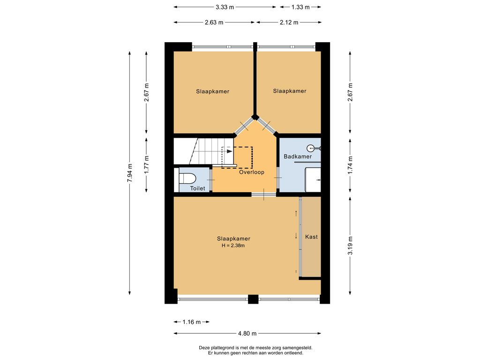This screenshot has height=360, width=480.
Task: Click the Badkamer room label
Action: [298, 157]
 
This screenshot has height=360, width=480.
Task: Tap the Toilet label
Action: [198, 188]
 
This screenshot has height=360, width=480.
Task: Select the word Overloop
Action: [252, 172]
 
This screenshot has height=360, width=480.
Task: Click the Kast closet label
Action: [311, 237]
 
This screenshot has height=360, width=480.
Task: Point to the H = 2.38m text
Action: [233, 246]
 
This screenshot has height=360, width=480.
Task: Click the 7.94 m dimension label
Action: [130, 173]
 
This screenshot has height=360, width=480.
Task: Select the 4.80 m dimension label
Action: [247, 333]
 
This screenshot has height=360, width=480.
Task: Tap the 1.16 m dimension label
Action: [192, 322]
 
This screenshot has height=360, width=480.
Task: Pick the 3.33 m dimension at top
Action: [225, 7]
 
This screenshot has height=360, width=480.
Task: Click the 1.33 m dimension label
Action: [300, 7]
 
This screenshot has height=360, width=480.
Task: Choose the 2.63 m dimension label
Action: [214, 22]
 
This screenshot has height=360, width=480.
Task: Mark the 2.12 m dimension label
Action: [289, 22]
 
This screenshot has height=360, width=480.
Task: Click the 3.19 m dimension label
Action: [350, 246]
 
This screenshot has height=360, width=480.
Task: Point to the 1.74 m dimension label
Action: [350, 165]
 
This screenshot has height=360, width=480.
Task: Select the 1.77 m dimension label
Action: [146, 165]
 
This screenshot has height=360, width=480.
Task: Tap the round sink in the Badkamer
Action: [311, 149]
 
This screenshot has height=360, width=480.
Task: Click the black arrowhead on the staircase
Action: [229, 151]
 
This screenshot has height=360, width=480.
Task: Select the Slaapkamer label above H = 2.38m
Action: [233, 239]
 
